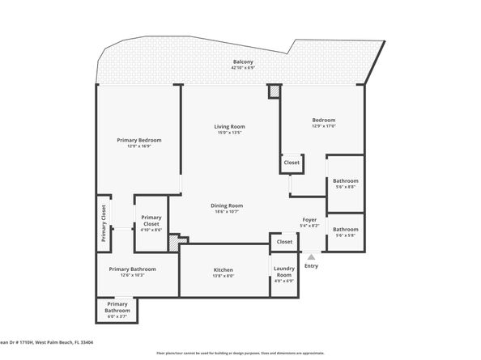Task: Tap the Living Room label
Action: click(x=229, y=126)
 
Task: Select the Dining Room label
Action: click(x=227, y=205)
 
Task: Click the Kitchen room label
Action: click(x=223, y=269)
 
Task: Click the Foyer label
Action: click(x=309, y=219)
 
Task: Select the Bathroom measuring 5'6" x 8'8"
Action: click(x=345, y=181)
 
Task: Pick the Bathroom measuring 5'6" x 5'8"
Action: click(x=345, y=229)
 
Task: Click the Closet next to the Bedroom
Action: click(x=292, y=163)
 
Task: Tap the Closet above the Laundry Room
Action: click(x=284, y=241)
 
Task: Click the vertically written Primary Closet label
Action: click(x=104, y=223)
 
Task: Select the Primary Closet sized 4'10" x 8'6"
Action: click(x=151, y=218)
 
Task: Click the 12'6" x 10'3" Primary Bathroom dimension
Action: click(x=132, y=276)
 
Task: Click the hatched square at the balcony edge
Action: click(x=275, y=92)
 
